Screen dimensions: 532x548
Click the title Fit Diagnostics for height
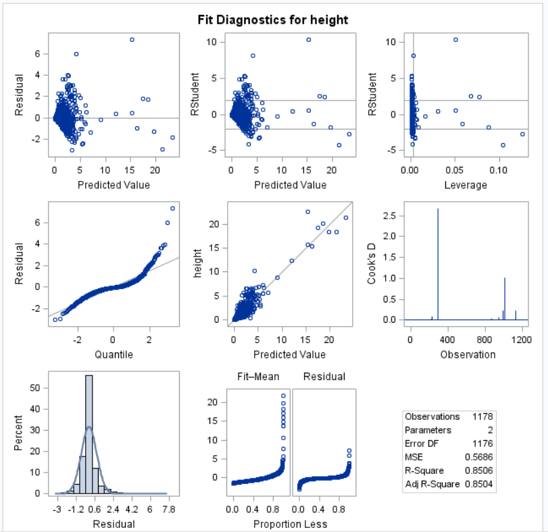click(273, 20)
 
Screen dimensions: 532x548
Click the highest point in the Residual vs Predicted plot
click(132, 40)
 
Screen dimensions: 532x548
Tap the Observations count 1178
click(482, 417)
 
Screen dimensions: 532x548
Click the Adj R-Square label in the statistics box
click(432, 485)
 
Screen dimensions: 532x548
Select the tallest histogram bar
click(89, 434)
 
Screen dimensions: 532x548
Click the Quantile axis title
click(114, 354)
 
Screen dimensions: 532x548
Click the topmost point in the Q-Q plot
click(172, 208)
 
